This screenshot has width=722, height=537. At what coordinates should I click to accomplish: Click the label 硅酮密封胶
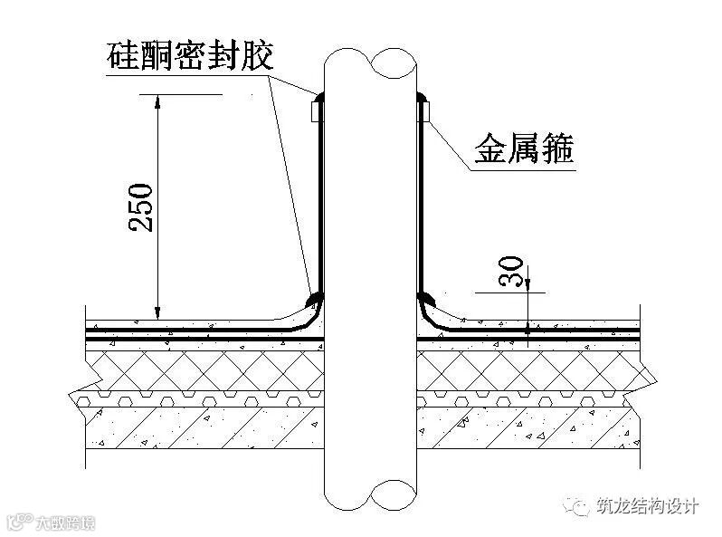[x=188, y=55]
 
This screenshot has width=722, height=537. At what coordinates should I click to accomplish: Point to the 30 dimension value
[x=512, y=272]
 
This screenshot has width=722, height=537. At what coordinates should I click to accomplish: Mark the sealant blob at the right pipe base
[x=426, y=296]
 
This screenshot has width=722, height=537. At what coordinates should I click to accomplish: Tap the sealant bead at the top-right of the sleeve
[x=421, y=94]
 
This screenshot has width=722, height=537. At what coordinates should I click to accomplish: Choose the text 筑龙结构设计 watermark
[x=648, y=506]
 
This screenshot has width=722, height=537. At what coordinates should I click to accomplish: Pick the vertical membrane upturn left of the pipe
[x=319, y=199]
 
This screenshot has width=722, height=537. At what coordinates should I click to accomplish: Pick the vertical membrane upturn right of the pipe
[x=419, y=199]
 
